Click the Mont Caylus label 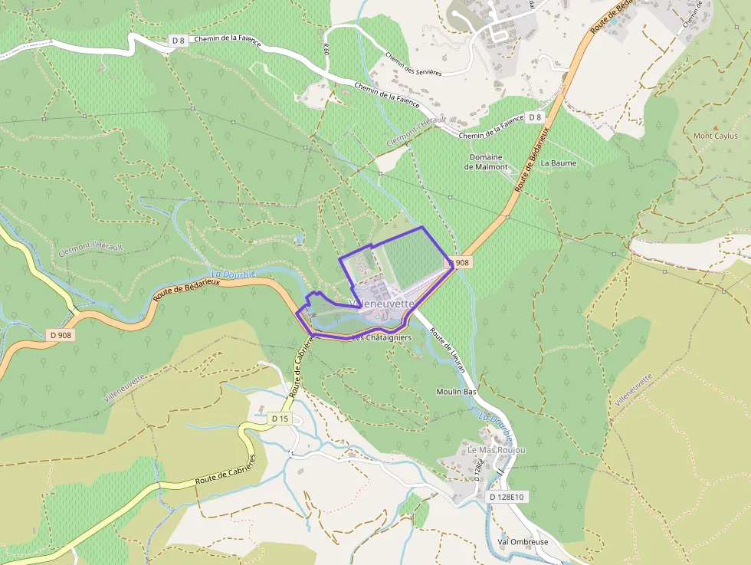pos(715,136)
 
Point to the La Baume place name pos(558,163)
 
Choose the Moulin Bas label pos(457,392)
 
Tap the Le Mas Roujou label pos(497,450)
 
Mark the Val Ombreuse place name pos(523,542)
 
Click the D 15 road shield pos(280,419)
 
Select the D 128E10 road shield pos(507,497)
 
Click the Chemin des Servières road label pos(414,64)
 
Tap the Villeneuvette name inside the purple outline pos(381,304)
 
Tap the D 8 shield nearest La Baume pos(535,117)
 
